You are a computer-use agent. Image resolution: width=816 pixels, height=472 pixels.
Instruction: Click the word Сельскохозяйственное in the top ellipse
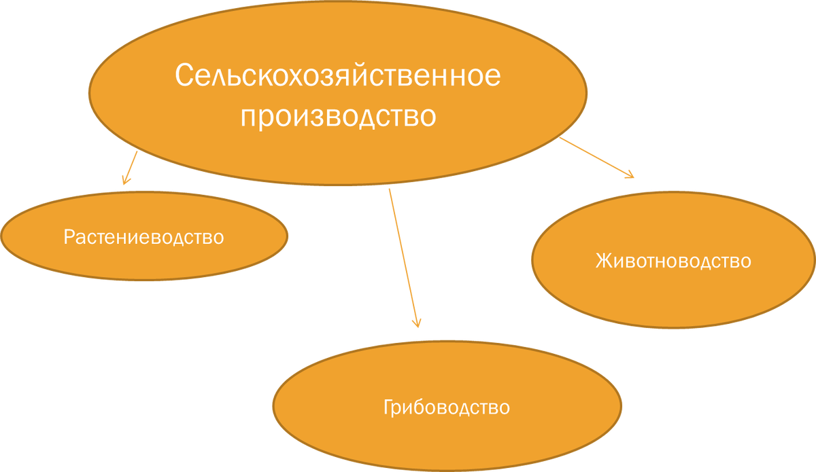338,75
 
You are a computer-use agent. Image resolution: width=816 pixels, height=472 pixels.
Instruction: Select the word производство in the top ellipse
338,115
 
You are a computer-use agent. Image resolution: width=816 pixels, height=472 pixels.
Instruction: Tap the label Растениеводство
144,238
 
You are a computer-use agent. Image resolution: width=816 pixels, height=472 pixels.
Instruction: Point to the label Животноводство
673,261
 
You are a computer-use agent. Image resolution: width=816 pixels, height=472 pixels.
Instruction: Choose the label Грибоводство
447,407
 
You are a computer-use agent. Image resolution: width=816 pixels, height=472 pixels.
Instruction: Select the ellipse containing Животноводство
673,292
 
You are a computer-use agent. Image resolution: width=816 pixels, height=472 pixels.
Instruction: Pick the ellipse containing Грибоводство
447,435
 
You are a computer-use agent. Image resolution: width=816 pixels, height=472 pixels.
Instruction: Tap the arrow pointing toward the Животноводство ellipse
595,158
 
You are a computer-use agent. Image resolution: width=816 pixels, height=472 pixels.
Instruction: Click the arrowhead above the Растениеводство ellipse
125,181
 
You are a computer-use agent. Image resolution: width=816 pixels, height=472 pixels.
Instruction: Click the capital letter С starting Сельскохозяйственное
184,75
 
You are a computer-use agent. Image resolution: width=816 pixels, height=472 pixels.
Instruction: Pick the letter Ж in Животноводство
603,261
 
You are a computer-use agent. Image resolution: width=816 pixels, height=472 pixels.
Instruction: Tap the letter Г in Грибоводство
388,407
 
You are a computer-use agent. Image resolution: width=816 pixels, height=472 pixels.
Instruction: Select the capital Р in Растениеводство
69,238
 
